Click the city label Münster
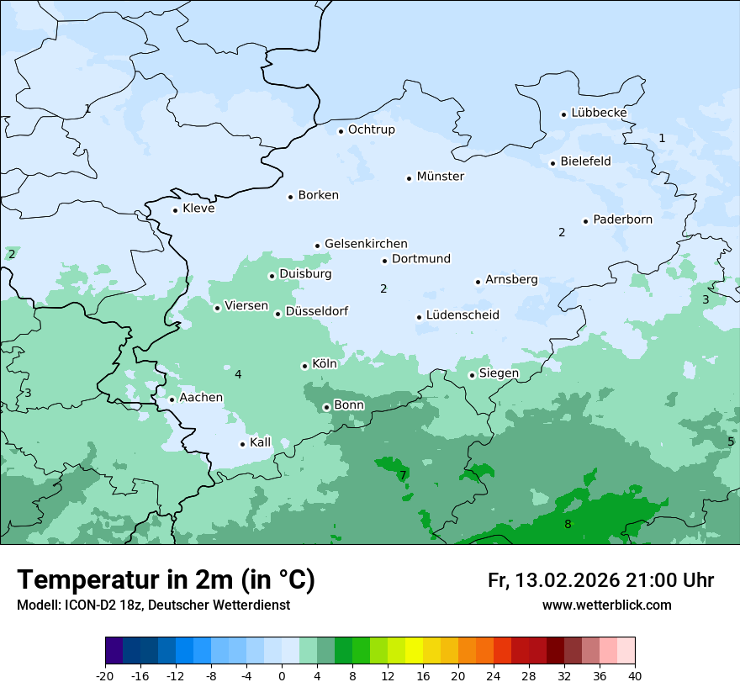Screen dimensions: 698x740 (440, 177)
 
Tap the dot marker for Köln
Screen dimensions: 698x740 (304, 366)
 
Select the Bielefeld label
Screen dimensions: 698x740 (585, 161)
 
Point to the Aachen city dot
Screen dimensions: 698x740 (172, 399)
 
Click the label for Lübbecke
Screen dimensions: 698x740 (599, 113)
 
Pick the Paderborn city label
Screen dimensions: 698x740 (622, 219)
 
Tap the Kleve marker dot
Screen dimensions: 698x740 (175, 210)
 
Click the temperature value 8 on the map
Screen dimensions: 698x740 (568, 525)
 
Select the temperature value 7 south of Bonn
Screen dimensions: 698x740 (403, 475)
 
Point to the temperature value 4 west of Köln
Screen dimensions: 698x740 (238, 374)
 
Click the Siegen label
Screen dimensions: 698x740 (499, 373)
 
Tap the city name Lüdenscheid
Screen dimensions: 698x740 (462, 315)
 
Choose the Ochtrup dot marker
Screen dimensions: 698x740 (341, 130)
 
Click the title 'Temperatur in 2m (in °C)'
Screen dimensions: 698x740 (166, 580)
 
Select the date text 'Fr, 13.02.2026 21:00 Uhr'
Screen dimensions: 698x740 (600, 580)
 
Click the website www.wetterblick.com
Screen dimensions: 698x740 (606, 605)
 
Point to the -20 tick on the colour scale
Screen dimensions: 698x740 (105, 676)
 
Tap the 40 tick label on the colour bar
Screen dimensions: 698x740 (634, 676)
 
